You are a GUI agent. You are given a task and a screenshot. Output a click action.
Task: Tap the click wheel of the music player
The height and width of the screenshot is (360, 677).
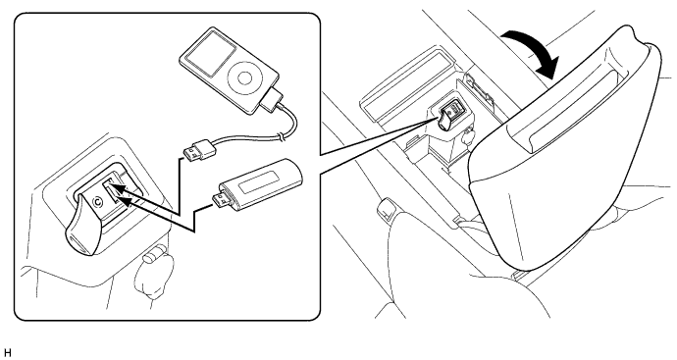244,77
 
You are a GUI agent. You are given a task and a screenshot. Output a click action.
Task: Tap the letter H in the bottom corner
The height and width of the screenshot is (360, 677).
7,353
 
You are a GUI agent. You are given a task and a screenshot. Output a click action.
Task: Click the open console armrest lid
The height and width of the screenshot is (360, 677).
566,147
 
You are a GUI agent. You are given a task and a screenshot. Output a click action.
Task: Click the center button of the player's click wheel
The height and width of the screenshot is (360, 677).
244,77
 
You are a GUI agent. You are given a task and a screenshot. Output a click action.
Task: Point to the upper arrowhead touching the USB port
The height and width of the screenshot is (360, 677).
120,189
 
